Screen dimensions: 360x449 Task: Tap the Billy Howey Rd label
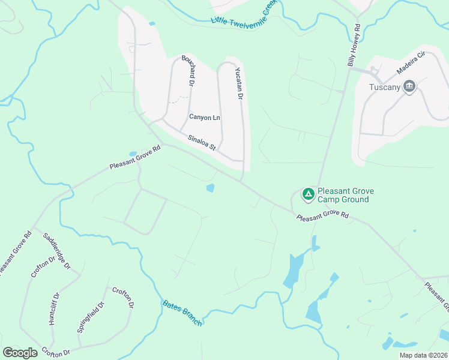pos(353,45)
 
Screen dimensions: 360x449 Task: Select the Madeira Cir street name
pos(411,63)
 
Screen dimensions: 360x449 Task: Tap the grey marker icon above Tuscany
pos(410,87)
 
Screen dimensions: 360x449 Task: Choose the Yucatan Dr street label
pos(238,83)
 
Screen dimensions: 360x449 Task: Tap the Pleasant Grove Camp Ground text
pos(346,195)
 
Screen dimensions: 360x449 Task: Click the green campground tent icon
pos(308,194)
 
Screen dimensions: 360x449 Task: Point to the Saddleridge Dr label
pos(56,251)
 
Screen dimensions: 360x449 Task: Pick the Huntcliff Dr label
pos(54,308)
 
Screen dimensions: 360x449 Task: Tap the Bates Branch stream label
pos(182,313)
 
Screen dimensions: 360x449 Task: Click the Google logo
pos(20,352)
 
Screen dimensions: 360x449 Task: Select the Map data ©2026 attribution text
pos(424,355)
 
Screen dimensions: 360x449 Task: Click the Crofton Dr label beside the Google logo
pos(55,352)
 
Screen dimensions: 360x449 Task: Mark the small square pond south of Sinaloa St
pos(210,188)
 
